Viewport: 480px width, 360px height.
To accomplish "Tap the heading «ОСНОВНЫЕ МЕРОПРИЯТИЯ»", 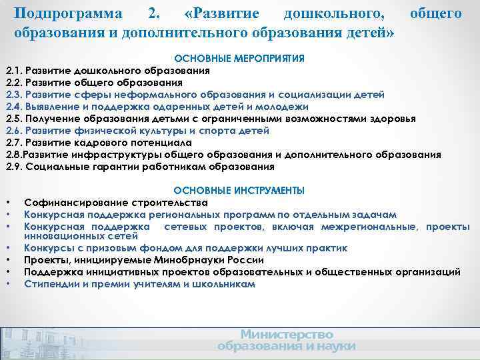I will pyautogui.click(x=239, y=59).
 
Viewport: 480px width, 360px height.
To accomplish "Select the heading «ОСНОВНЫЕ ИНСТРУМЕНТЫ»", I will pyautogui.click(x=239, y=191).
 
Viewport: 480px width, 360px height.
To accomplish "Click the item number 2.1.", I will pyautogui.click(x=14, y=71).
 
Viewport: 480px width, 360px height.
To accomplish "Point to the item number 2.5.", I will pyautogui.click(x=14, y=119).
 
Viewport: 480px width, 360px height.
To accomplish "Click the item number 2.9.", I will pyautogui.click(x=14, y=167).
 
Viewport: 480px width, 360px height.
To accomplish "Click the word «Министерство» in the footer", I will pyautogui.click(x=286, y=334).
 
